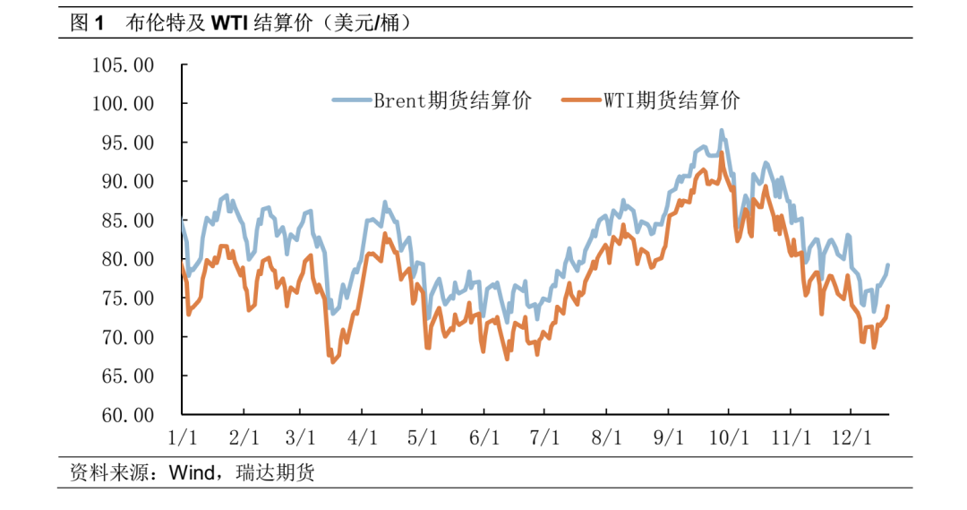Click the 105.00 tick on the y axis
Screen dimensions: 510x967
tap(124, 65)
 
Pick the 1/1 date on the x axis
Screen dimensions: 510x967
tap(183, 438)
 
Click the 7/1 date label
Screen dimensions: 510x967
tap(545, 438)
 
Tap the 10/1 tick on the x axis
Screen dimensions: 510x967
tap(729, 438)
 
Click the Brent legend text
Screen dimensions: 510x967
tap(453, 100)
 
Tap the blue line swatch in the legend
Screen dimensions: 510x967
tap(352, 100)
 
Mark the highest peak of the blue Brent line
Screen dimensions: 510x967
tap(722, 130)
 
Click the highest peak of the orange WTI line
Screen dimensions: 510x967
tap(722, 153)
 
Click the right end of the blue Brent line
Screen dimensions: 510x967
tap(888, 264)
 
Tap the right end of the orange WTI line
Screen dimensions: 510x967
tap(888, 306)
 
